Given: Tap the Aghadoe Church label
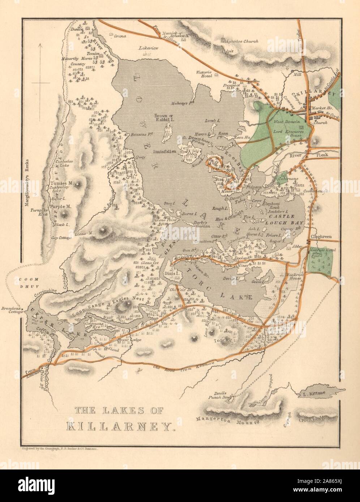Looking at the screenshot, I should (x=241, y=42).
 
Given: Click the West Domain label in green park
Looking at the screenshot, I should (x=285, y=122).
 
